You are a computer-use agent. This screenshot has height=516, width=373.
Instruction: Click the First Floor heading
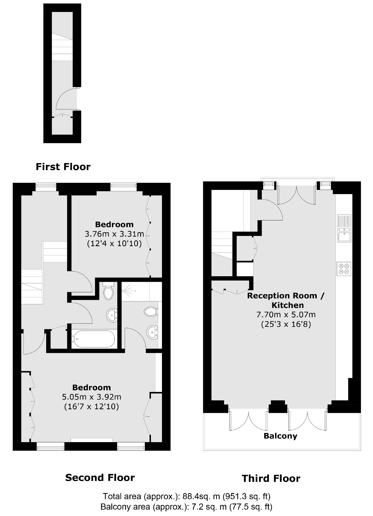[x=63, y=167]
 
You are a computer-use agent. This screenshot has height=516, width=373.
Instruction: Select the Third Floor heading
[x=271, y=478]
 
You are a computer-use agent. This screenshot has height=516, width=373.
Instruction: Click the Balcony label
[x=280, y=436]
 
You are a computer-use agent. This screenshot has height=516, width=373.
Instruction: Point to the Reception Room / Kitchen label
[x=286, y=300]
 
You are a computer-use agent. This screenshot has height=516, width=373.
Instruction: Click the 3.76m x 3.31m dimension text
[x=114, y=234]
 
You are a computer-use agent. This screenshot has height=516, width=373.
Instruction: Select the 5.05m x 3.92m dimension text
[x=92, y=397]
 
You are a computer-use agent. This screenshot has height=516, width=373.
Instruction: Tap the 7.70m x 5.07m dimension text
[x=286, y=315]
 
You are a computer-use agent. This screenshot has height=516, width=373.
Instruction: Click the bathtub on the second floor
[x=93, y=339]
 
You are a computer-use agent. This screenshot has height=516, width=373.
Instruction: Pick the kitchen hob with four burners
[x=344, y=269]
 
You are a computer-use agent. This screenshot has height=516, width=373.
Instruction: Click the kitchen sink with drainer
[x=344, y=228]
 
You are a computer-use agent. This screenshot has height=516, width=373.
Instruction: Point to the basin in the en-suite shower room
[x=152, y=332]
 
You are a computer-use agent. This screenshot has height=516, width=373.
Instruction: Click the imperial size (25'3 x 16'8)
[x=286, y=324]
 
